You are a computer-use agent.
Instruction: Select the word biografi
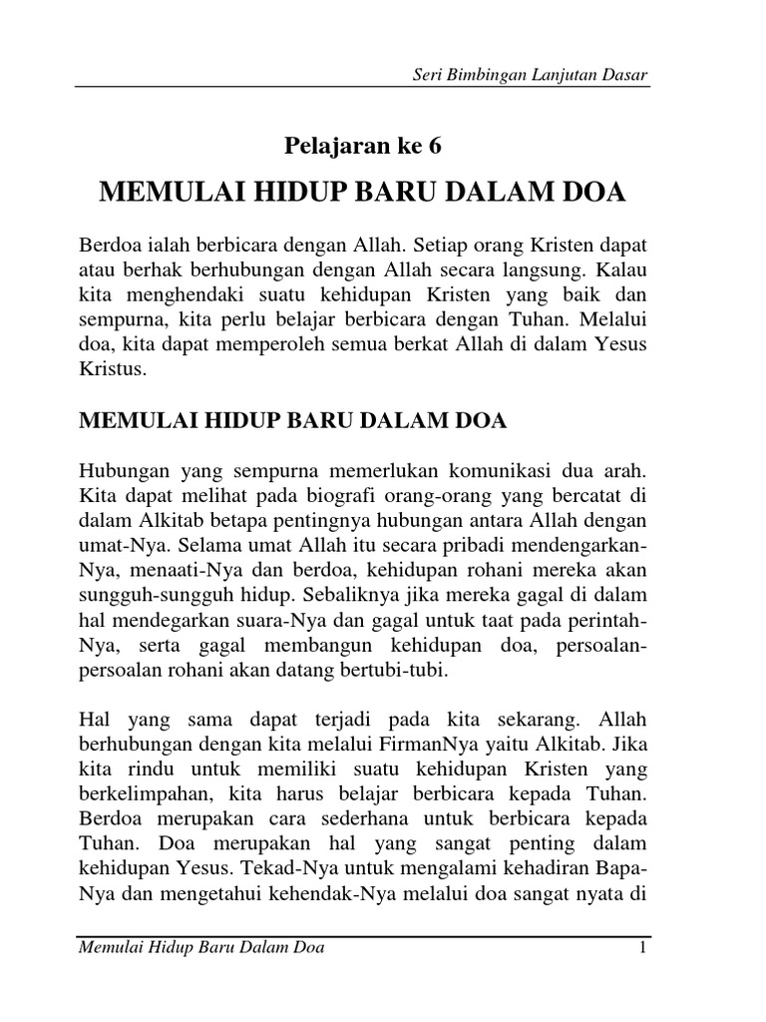pos(299,496)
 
